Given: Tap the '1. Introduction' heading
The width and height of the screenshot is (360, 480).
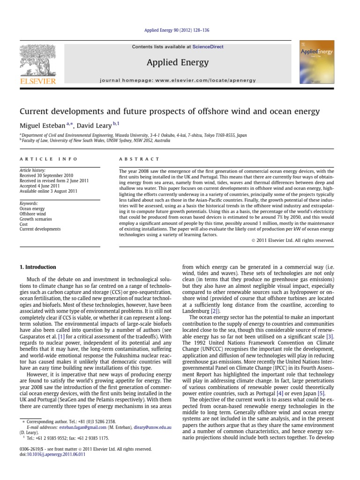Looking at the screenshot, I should pyautogui.click(x=37, y=267).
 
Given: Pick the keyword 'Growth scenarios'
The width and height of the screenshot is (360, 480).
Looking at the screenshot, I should pyautogui.click(x=35, y=219).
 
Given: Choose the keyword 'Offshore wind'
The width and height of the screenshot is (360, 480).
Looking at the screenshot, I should pyautogui.click(x=32, y=213).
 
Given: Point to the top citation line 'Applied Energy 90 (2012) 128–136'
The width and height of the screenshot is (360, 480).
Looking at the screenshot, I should pyautogui.click(x=180, y=30).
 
